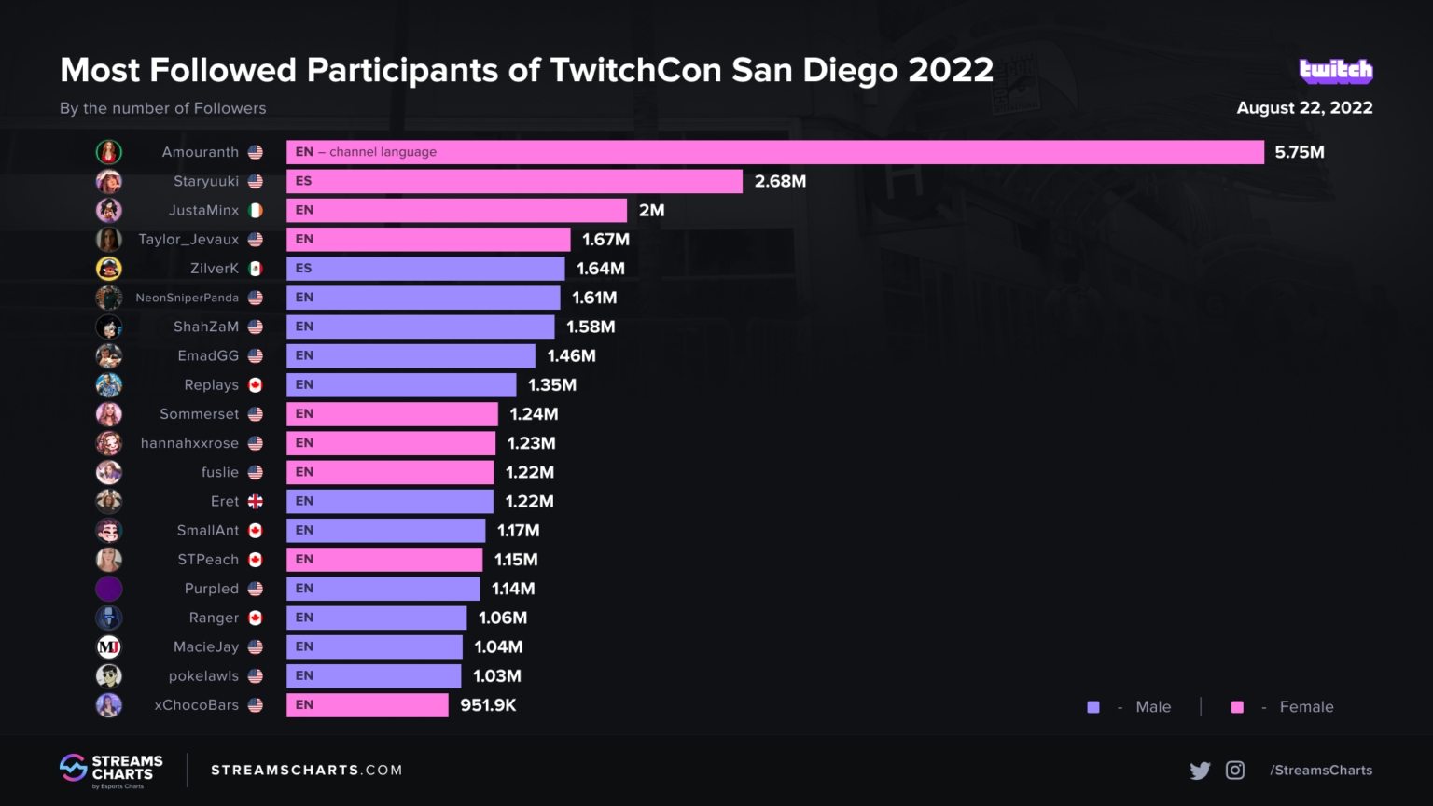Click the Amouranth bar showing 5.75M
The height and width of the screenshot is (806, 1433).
(774, 152)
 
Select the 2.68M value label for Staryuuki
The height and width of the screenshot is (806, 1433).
(780, 181)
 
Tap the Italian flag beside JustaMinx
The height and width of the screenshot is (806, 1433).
(256, 211)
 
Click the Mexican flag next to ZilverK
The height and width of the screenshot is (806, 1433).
(256, 269)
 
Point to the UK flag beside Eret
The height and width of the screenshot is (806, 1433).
(256, 502)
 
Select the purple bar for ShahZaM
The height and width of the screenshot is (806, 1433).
(420, 327)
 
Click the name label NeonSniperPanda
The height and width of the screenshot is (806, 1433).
(187, 298)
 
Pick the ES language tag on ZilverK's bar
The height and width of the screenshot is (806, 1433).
(303, 269)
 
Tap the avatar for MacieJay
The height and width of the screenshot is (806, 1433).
(109, 646)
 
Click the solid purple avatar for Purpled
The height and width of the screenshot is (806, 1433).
(109, 589)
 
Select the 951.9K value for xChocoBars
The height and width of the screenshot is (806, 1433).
(488, 705)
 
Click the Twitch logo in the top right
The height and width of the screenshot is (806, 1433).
(1335, 71)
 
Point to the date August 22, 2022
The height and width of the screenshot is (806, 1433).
(1304, 107)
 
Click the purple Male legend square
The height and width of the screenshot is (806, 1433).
(1093, 707)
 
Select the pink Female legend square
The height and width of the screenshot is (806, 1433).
(1237, 707)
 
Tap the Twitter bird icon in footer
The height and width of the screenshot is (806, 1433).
(1200, 771)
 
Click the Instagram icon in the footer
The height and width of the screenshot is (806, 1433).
(1235, 771)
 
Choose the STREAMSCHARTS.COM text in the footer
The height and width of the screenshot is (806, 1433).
(306, 771)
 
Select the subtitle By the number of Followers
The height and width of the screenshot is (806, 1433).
(163, 108)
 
